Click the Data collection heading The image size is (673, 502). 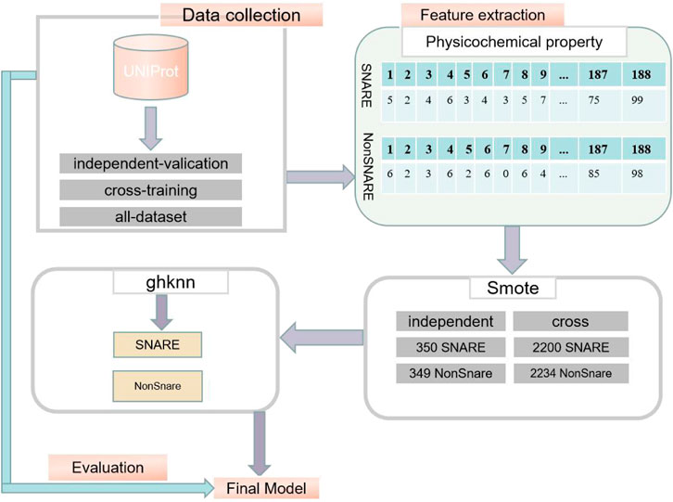(x=241, y=15)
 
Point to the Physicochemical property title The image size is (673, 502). (x=514, y=41)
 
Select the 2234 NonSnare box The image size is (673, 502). (x=569, y=374)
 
